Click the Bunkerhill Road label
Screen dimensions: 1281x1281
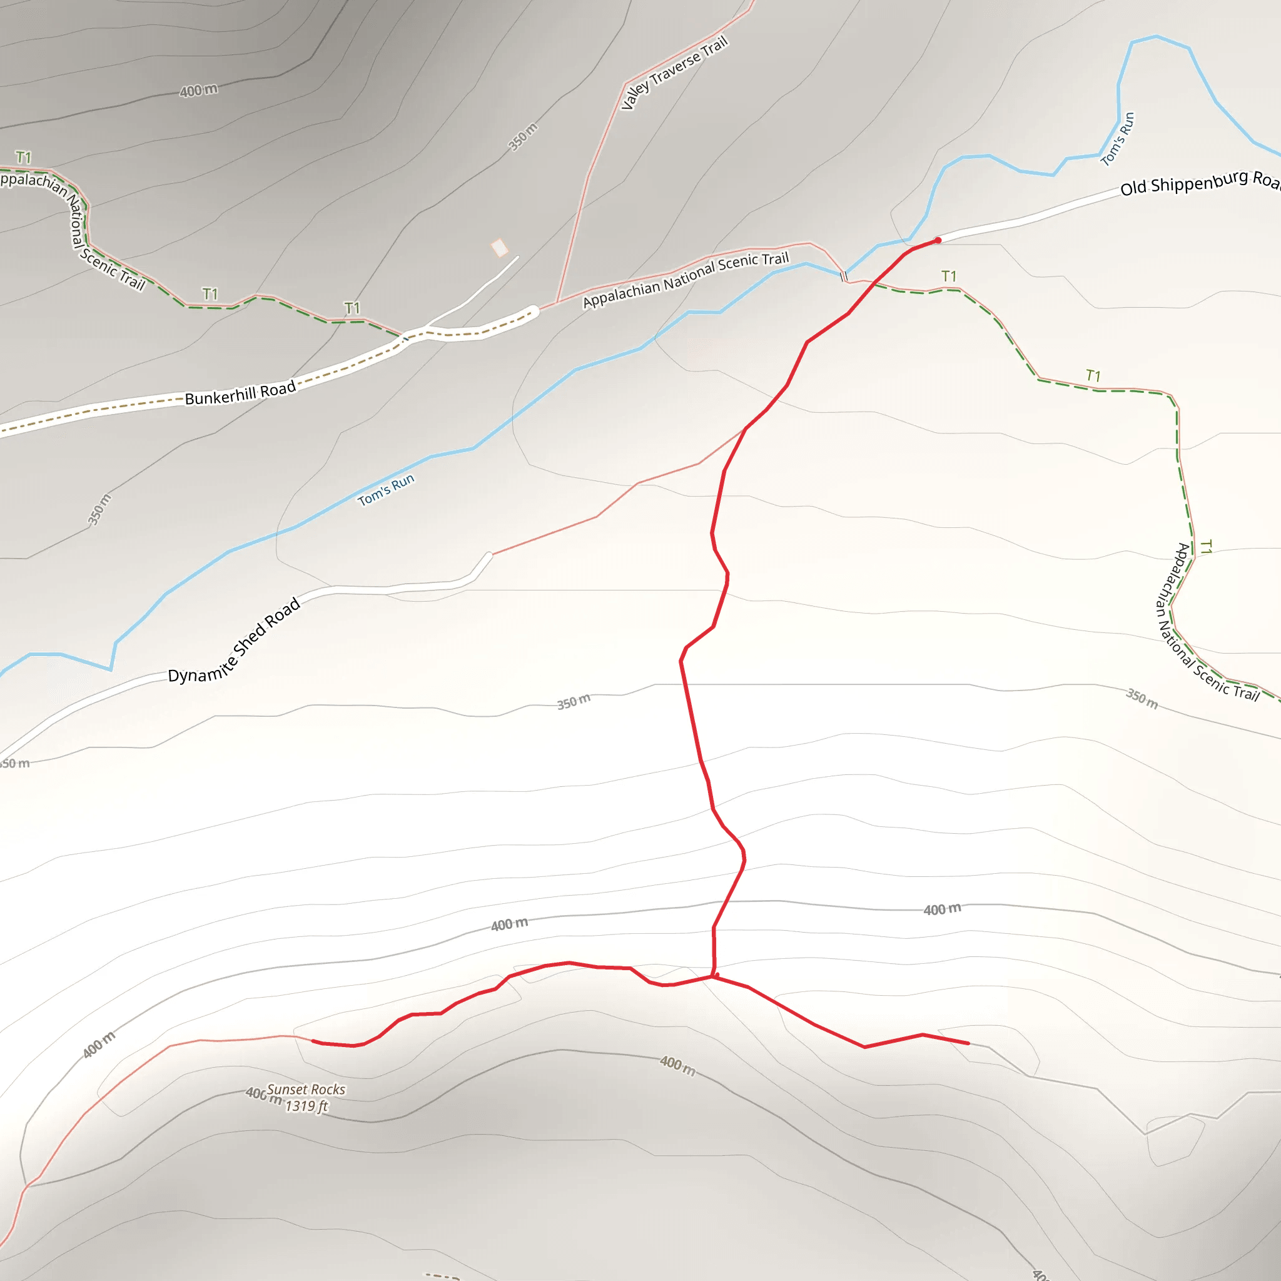pyautogui.click(x=240, y=393)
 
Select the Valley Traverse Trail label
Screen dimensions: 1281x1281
pyautogui.click(x=674, y=73)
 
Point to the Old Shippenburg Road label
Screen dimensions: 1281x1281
pyautogui.click(x=1199, y=183)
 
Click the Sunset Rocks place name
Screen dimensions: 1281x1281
pyautogui.click(x=306, y=1090)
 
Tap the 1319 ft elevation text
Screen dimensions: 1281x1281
pyautogui.click(x=306, y=1106)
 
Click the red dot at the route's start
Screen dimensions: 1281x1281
pyautogui.click(x=938, y=240)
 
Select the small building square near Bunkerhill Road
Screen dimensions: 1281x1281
pyautogui.click(x=499, y=248)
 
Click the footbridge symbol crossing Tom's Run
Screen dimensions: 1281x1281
pyautogui.click(x=843, y=276)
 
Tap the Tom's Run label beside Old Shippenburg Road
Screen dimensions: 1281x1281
pyautogui.click(x=1117, y=139)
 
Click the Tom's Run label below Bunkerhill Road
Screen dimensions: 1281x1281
pyautogui.click(x=386, y=489)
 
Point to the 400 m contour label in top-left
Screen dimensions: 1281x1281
pyautogui.click(x=198, y=89)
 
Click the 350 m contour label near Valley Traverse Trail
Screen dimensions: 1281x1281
pyautogui.click(x=523, y=137)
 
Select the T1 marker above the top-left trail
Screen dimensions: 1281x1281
pyautogui.click(x=24, y=157)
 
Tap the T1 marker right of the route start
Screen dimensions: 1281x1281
pyautogui.click(x=949, y=276)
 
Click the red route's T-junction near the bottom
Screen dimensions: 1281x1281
pyautogui.click(x=714, y=976)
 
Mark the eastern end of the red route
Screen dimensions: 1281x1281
pyautogui.click(x=968, y=1043)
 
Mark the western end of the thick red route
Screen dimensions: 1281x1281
pyautogui.click(x=313, y=1041)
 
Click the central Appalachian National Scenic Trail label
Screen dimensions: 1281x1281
pyautogui.click(x=686, y=280)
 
